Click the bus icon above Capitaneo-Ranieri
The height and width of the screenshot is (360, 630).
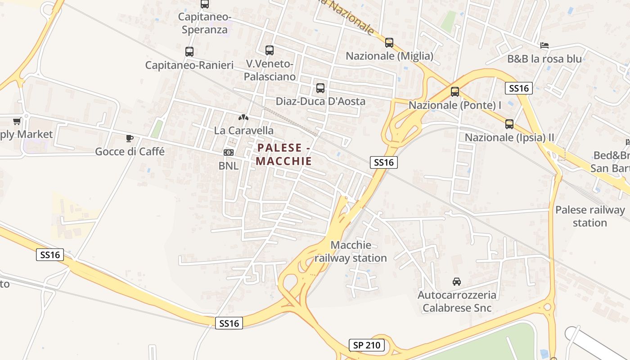189,51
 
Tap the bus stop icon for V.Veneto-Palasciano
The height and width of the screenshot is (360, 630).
270,50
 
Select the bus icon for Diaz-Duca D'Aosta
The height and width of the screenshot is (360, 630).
320,88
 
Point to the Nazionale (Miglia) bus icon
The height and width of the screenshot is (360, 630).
389,43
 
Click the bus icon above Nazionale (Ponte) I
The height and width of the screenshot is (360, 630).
455,92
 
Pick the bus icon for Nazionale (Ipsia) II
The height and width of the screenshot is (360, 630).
509,124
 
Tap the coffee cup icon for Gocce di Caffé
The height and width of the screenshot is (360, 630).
130,138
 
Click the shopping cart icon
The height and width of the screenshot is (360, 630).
17,121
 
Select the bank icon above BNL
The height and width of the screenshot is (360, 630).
229,153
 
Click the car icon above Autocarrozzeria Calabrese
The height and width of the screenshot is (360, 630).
457,282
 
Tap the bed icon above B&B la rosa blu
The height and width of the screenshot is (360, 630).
544,45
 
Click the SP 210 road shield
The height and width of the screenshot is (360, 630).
367,346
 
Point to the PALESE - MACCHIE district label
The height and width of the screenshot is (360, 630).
284,154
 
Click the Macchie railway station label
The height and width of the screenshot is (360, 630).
351,252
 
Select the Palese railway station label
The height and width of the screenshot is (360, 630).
590,216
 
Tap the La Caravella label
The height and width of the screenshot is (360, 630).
244,130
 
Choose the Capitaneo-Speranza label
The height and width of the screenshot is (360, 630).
205,23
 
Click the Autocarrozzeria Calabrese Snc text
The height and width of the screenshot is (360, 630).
457,301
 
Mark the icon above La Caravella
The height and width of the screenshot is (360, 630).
243,117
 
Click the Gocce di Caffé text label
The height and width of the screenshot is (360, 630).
130,152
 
